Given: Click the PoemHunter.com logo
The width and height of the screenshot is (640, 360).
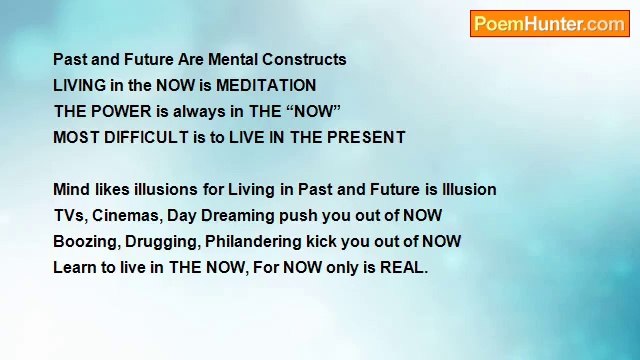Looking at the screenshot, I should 549,24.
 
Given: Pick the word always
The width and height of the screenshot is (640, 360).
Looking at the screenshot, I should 198,112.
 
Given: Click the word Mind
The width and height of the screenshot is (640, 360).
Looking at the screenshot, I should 71,190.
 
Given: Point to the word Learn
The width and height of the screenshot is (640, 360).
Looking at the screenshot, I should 75,268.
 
